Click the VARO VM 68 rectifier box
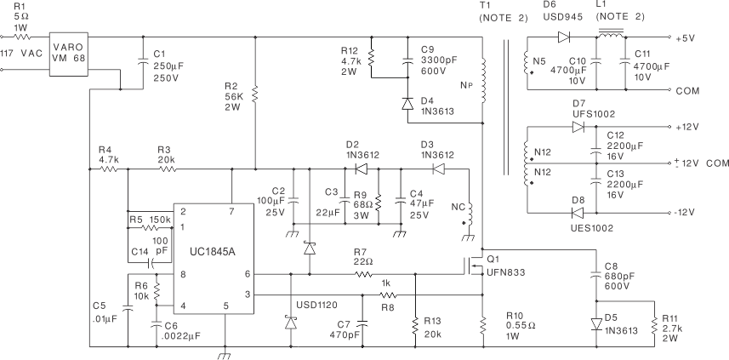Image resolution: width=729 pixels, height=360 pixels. coord(69,54)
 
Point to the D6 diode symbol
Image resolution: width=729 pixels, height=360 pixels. coord(562,37)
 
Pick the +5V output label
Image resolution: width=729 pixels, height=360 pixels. coord(686,38)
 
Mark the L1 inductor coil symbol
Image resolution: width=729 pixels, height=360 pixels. coord(609,36)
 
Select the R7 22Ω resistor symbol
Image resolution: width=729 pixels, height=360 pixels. coord(363,274)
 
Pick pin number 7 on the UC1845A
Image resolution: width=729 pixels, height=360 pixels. coord(231,210)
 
